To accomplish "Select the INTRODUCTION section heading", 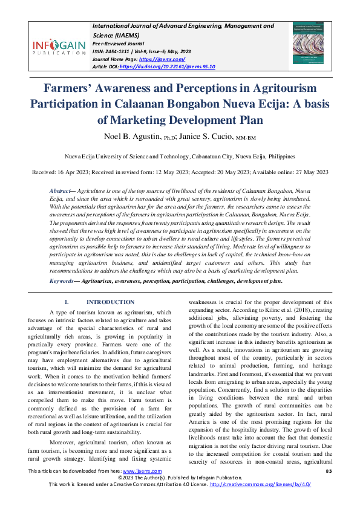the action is pyautogui.click(x=110, y=302).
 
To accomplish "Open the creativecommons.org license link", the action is pyautogui.click(x=261, y=501).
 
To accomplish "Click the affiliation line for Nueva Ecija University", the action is pyautogui.click(x=180, y=155).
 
